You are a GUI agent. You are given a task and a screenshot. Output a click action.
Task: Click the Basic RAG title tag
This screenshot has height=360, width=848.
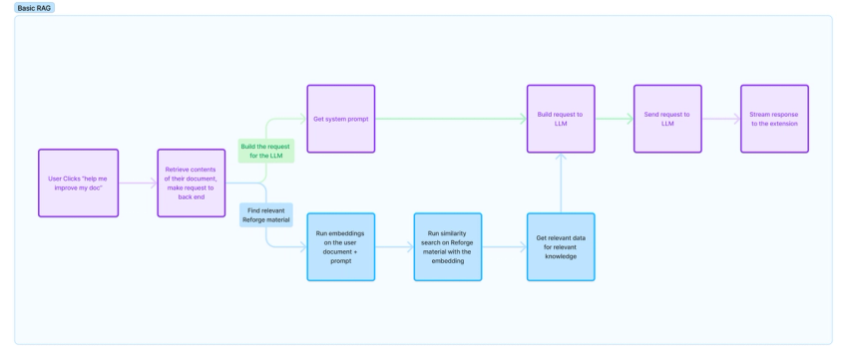click(x=36, y=7)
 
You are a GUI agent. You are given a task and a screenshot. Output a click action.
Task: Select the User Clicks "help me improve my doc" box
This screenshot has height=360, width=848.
click(x=78, y=182)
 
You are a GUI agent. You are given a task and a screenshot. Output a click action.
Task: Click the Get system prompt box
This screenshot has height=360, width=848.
click(x=340, y=119)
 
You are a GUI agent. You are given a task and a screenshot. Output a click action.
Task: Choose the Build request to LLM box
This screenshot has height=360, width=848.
click(x=561, y=119)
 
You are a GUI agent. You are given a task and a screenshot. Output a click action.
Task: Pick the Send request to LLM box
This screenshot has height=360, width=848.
click(x=667, y=119)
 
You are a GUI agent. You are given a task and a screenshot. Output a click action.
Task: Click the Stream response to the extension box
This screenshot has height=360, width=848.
click(x=774, y=119)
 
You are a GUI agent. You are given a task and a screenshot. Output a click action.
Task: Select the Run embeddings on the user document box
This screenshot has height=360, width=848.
click(x=340, y=246)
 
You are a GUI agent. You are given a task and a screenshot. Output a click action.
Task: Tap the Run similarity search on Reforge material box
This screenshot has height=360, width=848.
click(x=448, y=246)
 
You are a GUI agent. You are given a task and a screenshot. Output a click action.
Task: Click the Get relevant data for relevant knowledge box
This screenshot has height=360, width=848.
click(x=561, y=246)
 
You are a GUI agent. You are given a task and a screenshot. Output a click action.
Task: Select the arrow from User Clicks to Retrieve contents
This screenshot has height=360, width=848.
click(x=138, y=182)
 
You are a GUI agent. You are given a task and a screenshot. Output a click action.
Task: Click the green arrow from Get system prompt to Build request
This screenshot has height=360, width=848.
click(x=449, y=119)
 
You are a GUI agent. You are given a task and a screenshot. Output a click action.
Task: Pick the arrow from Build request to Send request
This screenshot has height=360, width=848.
click(x=614, y=119)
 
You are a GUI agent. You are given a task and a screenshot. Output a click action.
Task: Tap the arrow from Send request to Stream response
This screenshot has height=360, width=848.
click(x=720, y=119)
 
